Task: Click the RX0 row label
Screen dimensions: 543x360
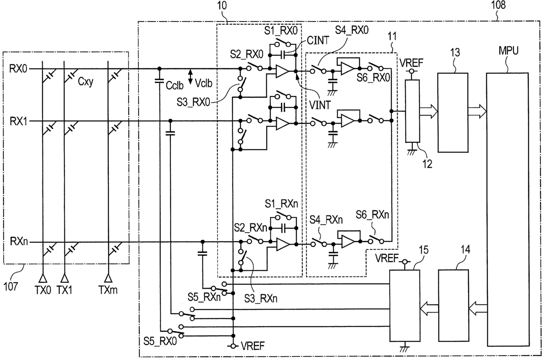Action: coord(18,69)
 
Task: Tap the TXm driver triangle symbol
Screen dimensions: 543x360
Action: coord(108,278)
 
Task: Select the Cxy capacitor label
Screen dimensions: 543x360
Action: coord(85,82)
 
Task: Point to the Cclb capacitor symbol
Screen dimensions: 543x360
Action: coord(159,81)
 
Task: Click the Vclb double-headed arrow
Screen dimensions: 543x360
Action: coord(190,77)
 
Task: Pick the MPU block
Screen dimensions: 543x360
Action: coord(508,209)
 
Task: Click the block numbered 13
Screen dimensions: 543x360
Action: coord(453,113)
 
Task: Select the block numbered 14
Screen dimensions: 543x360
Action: coord(453,306)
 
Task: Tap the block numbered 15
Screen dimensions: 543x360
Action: coord(405,306)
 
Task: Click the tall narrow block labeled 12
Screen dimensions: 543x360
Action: coord(413,111)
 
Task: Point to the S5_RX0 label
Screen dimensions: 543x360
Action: coord(160,341)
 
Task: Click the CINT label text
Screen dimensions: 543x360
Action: coord(318,40)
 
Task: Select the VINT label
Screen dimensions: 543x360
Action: coord(320,105)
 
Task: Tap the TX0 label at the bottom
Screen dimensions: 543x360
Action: coord(43,289)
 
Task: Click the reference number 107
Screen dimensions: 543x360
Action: coord(11,286)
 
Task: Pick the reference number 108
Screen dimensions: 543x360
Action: coord(498,5)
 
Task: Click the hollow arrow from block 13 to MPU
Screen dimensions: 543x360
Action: coord(477,112)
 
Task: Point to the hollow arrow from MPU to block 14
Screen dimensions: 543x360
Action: coord(478,308)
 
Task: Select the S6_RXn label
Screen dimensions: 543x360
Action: coord(372,215)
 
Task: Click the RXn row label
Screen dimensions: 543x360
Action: coord(19,241)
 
